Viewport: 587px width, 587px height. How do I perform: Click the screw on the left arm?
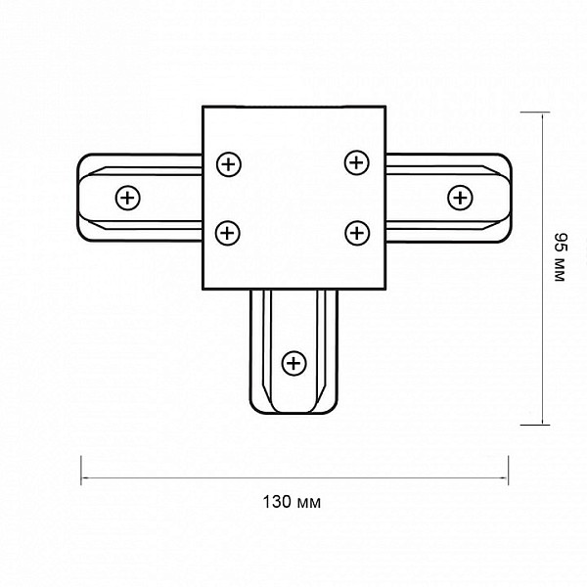pyautogui.click(x=127, y=198)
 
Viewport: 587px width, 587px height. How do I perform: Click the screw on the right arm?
pyautogui.click(x=460, y=198)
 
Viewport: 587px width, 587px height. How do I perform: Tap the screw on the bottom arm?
pyautogui.click(x=293, y=363)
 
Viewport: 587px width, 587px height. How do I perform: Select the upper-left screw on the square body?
pyautogui.click(x=229, y=164)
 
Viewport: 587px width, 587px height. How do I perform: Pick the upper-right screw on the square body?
pyautogui.click(x=356, y=162)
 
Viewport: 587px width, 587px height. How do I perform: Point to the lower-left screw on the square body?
pyautogui.click(x=228, y=233)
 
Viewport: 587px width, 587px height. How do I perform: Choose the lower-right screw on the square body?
pyautogui.click(x=357, y=233)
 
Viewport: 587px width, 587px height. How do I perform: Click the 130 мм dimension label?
pyautogui.click(x=292, y=502)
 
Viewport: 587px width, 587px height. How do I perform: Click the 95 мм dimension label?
pyautogui.click(x=561, y=256)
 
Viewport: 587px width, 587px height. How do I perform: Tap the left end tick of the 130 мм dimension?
pyautogui.click(x=81, y=471)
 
